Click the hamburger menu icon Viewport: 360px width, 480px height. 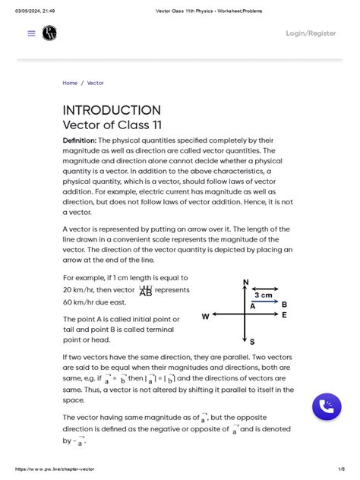(31, 33)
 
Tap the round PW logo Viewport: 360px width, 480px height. (50, 33)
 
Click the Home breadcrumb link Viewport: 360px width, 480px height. (70, 83)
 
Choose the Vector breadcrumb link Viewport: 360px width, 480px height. (96, 83)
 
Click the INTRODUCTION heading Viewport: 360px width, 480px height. (111, 110)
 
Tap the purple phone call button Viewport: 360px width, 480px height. (327, 407)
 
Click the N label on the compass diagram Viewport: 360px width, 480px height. (245, 283)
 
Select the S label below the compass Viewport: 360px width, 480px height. (251, 342)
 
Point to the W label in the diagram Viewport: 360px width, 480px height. (205, 316)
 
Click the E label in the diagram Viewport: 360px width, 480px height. (284, 314)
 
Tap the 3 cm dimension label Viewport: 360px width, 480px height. (264, 295)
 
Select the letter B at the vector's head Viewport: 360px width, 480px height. (284, 304)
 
